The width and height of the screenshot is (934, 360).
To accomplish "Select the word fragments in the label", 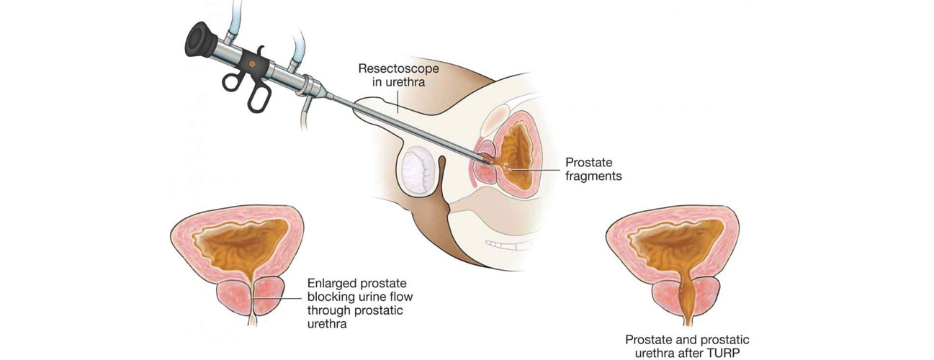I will click(x=593, y=175).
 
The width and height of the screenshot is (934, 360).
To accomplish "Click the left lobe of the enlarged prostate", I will click(x=236, y=296).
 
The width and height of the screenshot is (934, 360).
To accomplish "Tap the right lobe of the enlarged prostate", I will click(x=269, y=296).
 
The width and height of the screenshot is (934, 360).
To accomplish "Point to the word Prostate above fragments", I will click(x=588, y=162).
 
